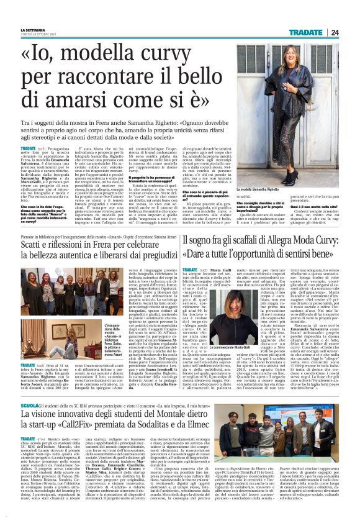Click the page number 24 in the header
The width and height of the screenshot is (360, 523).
click(x=351, y=32)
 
